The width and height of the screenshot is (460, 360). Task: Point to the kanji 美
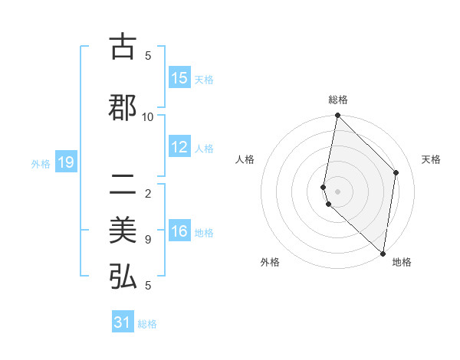click(123, 231)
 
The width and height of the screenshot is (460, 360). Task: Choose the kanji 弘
click(123, 277)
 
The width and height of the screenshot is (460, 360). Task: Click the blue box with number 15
click(179, 78)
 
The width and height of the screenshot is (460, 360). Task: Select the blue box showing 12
click(179, 148)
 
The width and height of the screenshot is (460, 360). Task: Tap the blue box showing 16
click(179, 232)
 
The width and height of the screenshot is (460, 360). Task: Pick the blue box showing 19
click(65, 162)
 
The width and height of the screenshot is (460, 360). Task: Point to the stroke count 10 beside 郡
click(148, 116)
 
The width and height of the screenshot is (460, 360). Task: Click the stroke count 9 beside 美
click(148, 240)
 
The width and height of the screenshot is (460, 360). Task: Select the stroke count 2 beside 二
click(148, 194)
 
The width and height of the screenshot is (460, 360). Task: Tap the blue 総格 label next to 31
click(147, 324)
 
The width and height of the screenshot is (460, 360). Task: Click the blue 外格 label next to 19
click(41, 163)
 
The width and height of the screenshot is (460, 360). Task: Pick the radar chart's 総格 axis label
click(338, 100)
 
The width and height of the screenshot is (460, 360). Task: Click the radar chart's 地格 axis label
click(402, 262)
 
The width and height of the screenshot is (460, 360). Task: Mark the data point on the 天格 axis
click(396, 172)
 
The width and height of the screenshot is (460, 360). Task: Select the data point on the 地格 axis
click(383, 253)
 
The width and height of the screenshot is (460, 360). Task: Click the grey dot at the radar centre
click(338, 191)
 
